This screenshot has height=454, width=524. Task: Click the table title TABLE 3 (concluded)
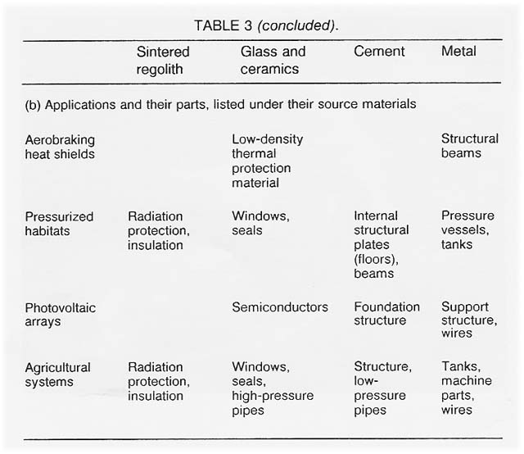point(265,25)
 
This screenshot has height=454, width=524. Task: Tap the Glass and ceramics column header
point(272,60)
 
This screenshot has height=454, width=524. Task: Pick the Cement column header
point(379,52)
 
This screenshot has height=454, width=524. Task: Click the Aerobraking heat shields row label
point(59,147)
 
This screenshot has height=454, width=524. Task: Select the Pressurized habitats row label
point(59,224)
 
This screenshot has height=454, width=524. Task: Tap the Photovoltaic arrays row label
point(60,314)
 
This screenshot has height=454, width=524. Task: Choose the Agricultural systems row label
point(57,375)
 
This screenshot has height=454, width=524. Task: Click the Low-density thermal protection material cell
point(267,161)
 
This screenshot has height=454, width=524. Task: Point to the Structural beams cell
point(469,147)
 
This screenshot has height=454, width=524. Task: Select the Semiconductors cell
point(279,307)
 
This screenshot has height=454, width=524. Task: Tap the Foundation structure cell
point(386,314)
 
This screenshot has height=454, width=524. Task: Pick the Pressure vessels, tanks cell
point(468,230)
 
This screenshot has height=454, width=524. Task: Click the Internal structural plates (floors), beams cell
point(381,244)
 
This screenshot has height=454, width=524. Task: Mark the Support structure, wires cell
point(468,320)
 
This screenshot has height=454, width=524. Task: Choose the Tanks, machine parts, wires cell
point(467,388)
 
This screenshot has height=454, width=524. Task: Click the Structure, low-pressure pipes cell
point(382,388)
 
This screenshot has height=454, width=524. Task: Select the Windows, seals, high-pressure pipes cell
point(271,388)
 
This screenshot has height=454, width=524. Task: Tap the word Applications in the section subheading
point(79,105)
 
